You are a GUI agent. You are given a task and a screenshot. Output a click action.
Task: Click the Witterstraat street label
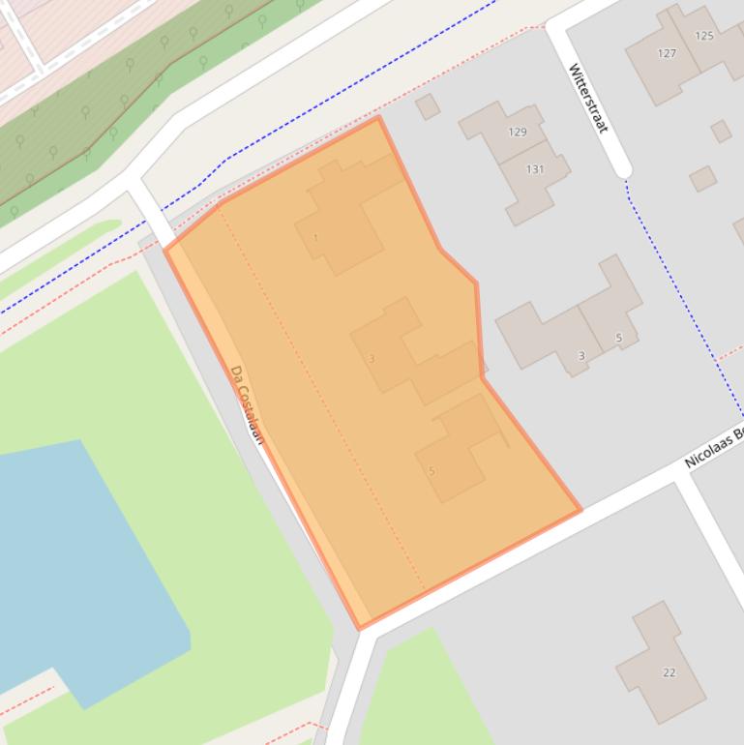click(587, 98)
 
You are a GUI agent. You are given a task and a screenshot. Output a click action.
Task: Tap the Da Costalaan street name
click(248, 403)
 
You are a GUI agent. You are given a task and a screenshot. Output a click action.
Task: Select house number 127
click(667, 53)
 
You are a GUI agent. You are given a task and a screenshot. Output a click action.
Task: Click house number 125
click(704, 36)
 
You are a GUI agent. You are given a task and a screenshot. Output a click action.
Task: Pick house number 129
click(518, 133)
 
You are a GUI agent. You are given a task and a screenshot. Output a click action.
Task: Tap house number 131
click(535, 169)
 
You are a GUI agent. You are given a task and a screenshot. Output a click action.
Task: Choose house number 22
click(669, 672)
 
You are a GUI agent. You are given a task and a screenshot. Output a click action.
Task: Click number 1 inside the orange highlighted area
click(315, 238)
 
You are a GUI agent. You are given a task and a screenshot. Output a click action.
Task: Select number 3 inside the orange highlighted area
click(372, 359)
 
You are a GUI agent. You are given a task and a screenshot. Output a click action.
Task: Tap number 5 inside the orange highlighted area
click(432, 471)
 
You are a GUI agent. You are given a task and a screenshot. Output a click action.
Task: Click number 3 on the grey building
click(581, 356)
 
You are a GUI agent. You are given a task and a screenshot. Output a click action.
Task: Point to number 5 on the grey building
click(618, 338)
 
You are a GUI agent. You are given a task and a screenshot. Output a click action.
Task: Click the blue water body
click(77, 561)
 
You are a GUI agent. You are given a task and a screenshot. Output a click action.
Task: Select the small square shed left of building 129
click(428, 106)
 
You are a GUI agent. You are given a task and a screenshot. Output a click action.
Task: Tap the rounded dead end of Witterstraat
click(622, 168)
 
